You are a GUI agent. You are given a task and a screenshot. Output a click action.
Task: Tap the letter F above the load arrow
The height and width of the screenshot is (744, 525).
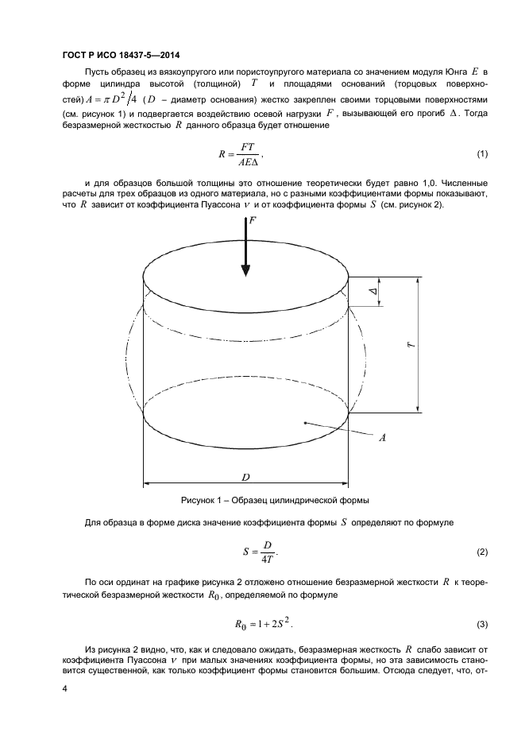[253, 223]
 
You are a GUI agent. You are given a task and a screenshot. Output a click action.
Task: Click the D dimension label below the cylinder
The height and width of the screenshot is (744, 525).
[246, 477]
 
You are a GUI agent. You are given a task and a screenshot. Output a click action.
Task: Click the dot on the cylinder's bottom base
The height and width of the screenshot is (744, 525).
[305, 424]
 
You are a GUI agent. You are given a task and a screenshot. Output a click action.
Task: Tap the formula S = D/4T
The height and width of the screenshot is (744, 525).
[259, 551]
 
